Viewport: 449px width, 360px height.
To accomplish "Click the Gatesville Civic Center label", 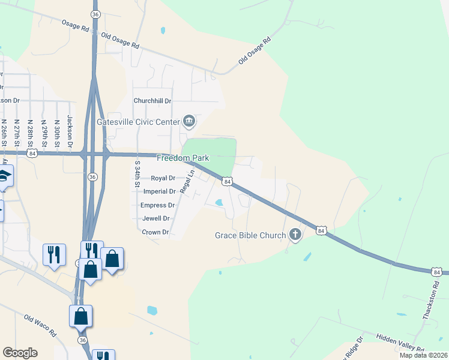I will click(x=138, y=122).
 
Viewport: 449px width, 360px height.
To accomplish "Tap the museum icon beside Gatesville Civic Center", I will click(x=189, y=122).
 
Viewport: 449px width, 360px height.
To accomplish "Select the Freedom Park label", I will click(x=182, y=158).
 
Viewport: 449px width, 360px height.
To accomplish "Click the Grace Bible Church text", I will click(x=250, y=235).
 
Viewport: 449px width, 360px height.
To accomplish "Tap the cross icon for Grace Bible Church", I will click(x=295, y=235).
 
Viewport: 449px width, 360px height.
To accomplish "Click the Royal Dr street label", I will click(x=163, y=178).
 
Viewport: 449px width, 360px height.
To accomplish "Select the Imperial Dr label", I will click(x=160, y=191).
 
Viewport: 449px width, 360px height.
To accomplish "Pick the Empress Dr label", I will click(x=157, y=205).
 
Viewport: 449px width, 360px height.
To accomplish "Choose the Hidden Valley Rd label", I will click(x=400, y=343).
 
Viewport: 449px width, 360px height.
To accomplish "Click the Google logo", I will click(x=20, y=353).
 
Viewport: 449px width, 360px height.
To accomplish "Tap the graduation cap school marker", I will click(x=4, y=176).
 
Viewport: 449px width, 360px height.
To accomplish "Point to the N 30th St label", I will click(x=57, y=133).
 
